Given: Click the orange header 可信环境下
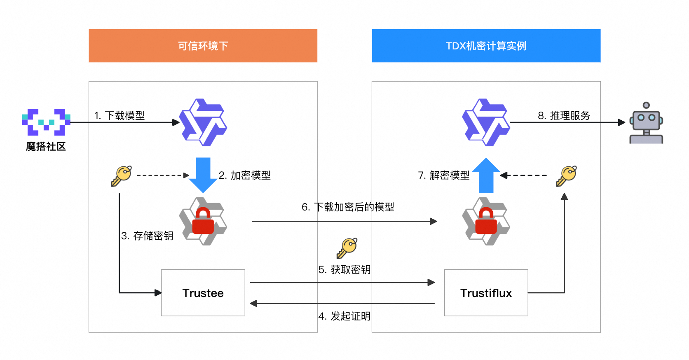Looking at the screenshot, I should pos(203,46).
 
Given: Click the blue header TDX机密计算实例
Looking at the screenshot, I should pos(486,46).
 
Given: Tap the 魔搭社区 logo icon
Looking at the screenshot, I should pos(46,122).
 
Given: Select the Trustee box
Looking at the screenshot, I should pos(203,293).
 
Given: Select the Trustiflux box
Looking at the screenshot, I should pos(486,293).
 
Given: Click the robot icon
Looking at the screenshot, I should pos(646,123).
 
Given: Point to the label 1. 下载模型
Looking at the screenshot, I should pos(120,115).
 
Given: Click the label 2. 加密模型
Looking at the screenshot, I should pos(245,175).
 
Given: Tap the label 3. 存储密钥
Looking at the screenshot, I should pos(147,236).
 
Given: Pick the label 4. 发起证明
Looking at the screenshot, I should pos(344,316).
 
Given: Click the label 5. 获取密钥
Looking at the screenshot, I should pos(344,269).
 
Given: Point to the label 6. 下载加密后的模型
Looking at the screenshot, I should pos(348,207).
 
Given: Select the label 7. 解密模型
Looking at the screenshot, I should pos(444,175).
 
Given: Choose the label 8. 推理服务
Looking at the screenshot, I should pos(564,115).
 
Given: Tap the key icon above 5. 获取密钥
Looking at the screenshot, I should pos(347,248).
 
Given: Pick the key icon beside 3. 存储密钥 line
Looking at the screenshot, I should pos(121,176).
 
